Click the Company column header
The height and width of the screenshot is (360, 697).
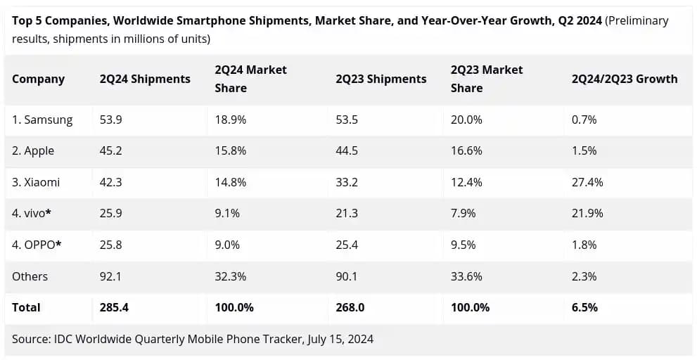(38, 79)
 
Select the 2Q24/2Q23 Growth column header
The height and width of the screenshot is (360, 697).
(625, 79)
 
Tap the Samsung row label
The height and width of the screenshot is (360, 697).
(42, 120)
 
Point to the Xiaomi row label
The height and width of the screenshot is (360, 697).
(36, 182)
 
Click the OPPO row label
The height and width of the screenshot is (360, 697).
(37, 245)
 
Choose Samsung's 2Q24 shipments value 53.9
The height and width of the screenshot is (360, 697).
(111, 120)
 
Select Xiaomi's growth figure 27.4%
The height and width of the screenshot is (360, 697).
(587, 182)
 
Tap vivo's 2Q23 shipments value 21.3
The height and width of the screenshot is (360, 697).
(347, 214)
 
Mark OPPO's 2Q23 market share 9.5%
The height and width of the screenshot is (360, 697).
(463, 245)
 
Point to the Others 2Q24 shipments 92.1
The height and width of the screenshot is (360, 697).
(110, 276)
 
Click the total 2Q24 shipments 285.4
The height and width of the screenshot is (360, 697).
(114, 307)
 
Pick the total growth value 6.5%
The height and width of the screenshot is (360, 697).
(584, 307)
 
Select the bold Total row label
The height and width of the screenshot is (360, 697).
(26, 307)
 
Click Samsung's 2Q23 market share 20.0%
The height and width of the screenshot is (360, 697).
(466, 120)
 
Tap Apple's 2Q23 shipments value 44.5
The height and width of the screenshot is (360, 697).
(347, 151)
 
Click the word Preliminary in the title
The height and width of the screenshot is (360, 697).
(637, 20)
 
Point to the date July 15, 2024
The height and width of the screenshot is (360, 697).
(340, 339)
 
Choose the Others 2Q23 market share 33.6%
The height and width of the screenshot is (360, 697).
(466, 276)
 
